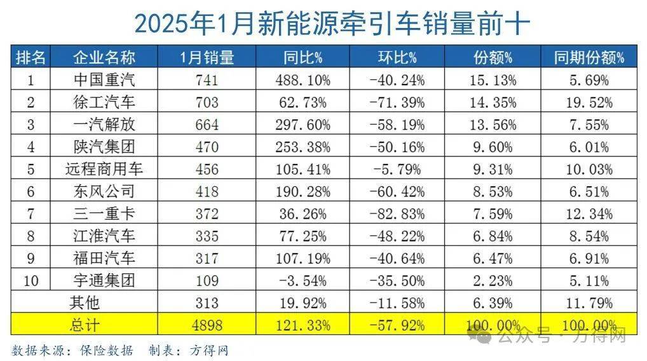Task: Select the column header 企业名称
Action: coord(104,58)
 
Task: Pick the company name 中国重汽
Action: coord(104,80)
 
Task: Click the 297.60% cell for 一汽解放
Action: coord(303,125)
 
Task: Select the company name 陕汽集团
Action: coord(104,147)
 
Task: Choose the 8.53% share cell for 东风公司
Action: coord(493,192)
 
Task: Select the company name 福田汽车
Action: coord(104,259)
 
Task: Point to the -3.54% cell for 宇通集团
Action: coord(303,281)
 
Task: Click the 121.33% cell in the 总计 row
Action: coord(303,325)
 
